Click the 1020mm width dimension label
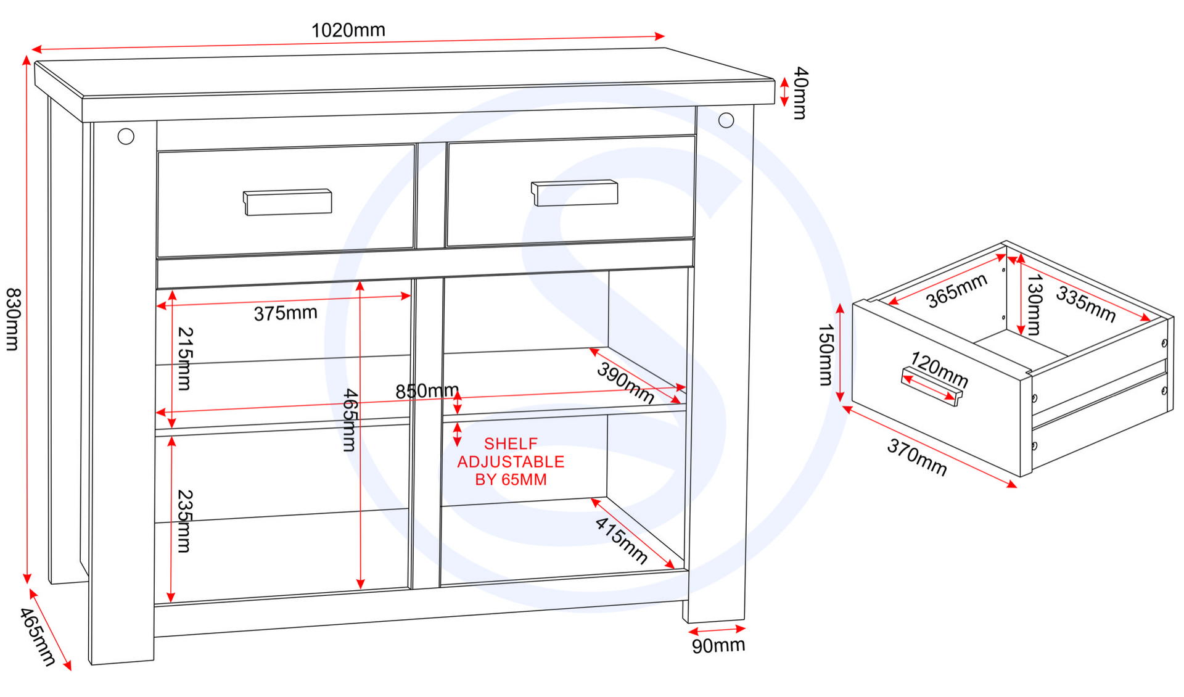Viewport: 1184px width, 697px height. point(348,30)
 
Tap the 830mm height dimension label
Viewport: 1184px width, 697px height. point(13,319)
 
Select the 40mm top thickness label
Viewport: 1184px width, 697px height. point(800,93)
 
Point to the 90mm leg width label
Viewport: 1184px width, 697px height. point(718,646)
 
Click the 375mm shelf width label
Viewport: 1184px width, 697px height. point(286,313)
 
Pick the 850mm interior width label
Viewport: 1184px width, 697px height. point(427,391)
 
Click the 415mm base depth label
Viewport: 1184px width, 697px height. point(621,540)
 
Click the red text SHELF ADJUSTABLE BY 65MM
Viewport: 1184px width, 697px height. point(511,461)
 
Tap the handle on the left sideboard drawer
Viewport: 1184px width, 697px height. point(288,202)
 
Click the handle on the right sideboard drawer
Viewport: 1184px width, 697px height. point(575,193)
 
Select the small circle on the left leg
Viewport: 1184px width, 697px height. point(126,136)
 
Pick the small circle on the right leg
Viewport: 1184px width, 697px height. point(726,120)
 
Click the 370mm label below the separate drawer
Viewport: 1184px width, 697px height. point(916,457)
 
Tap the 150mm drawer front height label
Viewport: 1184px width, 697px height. point(825,355)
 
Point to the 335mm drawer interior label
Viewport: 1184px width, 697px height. point(1086,304)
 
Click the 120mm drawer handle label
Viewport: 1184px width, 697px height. point(939,369)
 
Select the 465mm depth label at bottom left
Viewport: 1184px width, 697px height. point(38,637)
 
